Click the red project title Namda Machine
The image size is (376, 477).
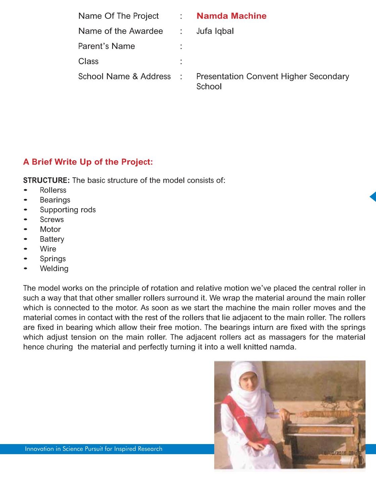coord(231,16)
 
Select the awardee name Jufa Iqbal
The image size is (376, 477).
coord(215,31)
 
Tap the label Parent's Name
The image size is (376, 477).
coord(106,46)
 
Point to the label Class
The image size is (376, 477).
coord(88,61)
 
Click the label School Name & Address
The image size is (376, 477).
coord(124,77)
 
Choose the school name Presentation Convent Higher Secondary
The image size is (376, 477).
coord(272,77)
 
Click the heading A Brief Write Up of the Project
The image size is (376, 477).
coord(88,162)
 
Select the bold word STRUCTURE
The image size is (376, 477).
coord(46,180)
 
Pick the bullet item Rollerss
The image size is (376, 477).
coord(53,190)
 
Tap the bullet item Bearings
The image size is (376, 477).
coord(55,200)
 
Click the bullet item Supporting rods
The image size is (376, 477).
coord(68,210)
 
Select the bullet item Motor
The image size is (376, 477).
coord(50,229)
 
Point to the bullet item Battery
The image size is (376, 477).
coord(52,239)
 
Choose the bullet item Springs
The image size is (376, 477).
coord(53,259)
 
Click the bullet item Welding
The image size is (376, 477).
coord(54,268)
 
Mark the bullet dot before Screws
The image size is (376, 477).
coord(26,220)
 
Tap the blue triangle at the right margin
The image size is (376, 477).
coord(373,197)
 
